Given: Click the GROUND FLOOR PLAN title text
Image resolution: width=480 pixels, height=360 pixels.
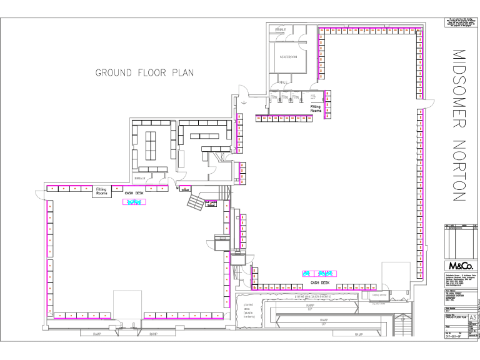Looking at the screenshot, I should click(144, 72).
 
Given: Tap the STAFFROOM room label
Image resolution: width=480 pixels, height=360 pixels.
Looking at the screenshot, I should click(286, 57).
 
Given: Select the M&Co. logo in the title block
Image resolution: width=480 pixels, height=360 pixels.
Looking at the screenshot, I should click(459, 264).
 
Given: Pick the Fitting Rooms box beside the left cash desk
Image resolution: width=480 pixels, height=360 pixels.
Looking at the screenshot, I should click(102, 191).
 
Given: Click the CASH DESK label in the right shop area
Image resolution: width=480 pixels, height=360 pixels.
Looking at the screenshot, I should click(319, 282).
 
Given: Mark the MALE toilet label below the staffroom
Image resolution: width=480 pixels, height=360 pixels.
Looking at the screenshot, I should click(282, 82).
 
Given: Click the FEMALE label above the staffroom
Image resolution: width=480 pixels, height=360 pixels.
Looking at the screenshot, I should click(279, 29).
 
